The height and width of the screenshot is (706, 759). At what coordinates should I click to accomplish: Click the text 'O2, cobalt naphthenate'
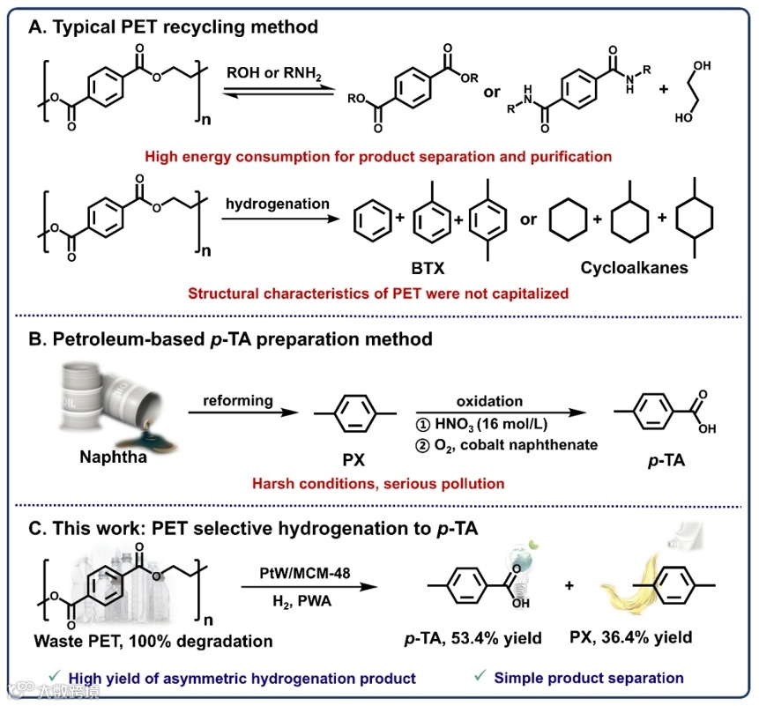tap(517, 444)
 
